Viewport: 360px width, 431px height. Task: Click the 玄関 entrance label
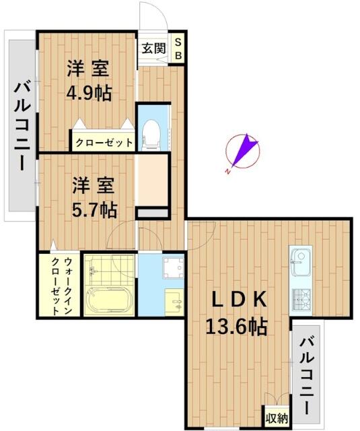(x=154, y=48)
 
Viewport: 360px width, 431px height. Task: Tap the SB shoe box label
(x=178, y=49)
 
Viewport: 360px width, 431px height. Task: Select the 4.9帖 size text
(x=89, y=94)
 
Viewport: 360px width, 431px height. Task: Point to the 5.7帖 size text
(x=94, y=210)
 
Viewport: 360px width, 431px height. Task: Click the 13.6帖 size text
(x=236, y=327)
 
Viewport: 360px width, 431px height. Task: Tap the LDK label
(x=240, y=300)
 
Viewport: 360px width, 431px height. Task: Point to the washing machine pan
(x=173, y=267)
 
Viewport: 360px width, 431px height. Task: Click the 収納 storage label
(x=277, y=419)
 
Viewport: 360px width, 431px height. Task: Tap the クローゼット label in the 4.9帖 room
(x=104, y=143)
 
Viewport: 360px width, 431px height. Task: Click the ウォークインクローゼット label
(x=61, y=286)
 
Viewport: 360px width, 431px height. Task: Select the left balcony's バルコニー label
(x=22, y=127)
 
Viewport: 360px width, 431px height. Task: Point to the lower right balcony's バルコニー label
(x=306, y=376)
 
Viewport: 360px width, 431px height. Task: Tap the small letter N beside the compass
(x=227, y=172)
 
